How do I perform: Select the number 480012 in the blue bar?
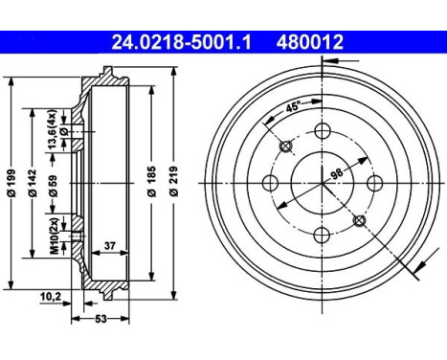pos(309,42)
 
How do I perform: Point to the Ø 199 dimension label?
pos(11,181)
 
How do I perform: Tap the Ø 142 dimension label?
pos(33,181)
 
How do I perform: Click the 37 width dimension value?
pos(110,246)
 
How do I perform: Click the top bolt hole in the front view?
pos(322,131)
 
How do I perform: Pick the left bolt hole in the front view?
pos(270,183)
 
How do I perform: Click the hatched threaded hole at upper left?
pos(285,146)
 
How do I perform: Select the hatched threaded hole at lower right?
pos(359,221)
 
